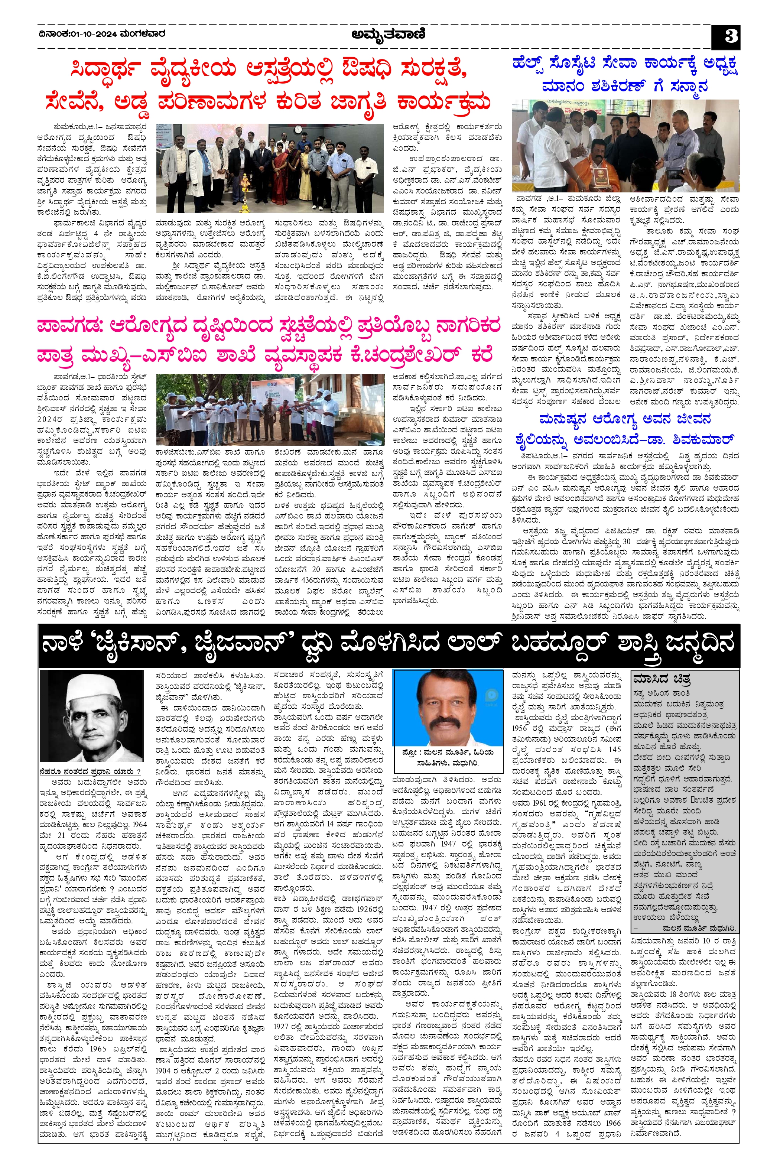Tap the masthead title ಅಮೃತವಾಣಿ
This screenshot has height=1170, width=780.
point(389,35)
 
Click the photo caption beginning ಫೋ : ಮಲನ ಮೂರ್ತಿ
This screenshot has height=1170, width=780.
point(447,758)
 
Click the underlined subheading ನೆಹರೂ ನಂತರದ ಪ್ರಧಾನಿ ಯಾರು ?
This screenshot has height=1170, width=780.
point(90,771)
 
